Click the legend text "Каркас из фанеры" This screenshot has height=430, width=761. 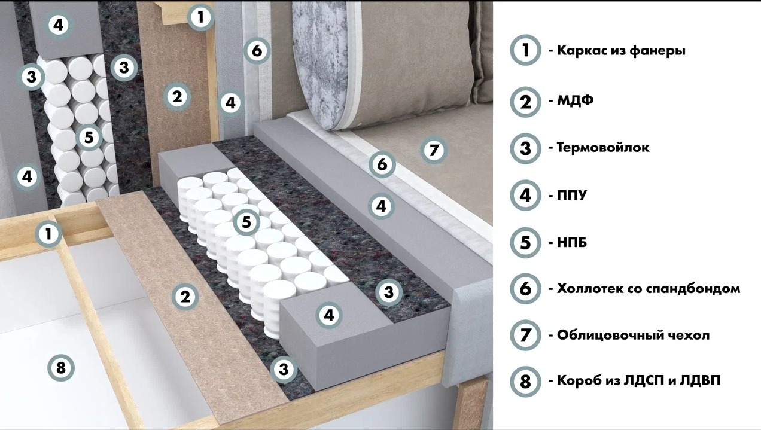coord(621,51)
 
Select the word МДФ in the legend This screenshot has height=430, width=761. coord(575,100)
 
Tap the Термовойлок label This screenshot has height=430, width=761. coord(603,148)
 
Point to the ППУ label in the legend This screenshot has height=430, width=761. coord(572,196)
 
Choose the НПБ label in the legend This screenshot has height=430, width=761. coord(572,243)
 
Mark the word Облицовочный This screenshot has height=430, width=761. coord(608,336)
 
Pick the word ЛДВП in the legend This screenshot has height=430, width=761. coord(700,381)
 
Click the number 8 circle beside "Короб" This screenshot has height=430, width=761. coord(525,381)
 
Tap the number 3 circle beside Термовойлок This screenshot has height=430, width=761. coord(525,148)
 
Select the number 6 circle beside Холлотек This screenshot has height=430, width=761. coord(525,289)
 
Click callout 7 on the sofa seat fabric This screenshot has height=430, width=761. coord(434,150)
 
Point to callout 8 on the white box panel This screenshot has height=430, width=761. coord(61,368)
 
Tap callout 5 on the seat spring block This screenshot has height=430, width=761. coord(246,222)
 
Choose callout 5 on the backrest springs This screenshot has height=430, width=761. coord(89,137)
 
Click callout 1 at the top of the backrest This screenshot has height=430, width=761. coord(201,17)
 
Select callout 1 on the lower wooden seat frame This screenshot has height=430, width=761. coord(48,234)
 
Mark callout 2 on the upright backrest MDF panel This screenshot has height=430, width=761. coord(177,97)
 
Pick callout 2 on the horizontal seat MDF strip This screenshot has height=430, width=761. coord(185,297)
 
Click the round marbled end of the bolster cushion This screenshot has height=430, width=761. coord(319,65)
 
